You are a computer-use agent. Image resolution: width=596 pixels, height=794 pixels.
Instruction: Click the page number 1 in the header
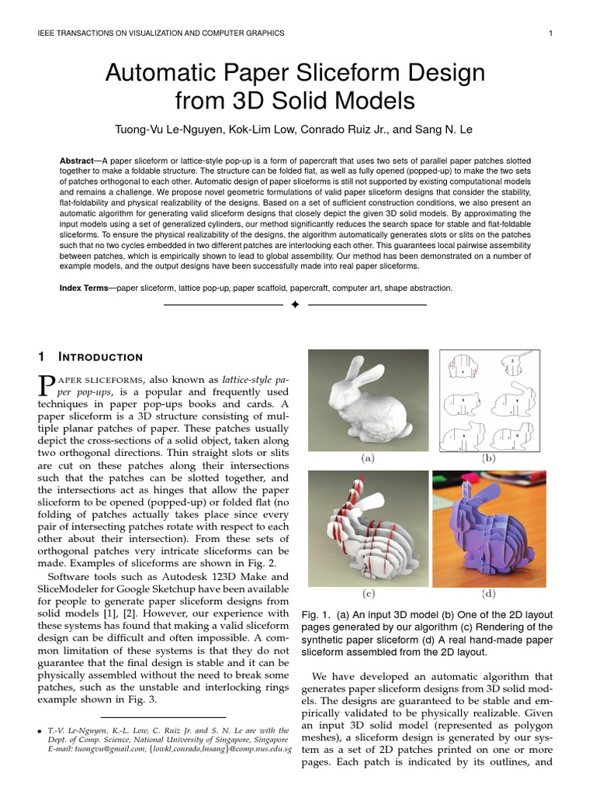pyautogui.click(x=549, y=33)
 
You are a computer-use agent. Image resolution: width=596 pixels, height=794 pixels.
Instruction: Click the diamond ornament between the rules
pyautogui.click(x=295, y=306)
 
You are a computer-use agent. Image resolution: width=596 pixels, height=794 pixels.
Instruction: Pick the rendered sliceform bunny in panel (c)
pyautogui.click(x=368, y=527)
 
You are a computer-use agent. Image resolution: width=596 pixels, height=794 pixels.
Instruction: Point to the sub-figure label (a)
pyautogui.click(x=368, y=458)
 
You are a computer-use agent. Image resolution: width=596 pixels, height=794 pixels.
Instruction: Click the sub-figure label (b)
pyautogui.click(x=489, y=458)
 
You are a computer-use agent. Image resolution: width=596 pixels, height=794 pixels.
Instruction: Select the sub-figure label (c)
pyautogui.click(x=368, y=594)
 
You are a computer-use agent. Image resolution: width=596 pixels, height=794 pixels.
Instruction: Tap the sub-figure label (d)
pyautogui.click(x=489, y=594)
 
